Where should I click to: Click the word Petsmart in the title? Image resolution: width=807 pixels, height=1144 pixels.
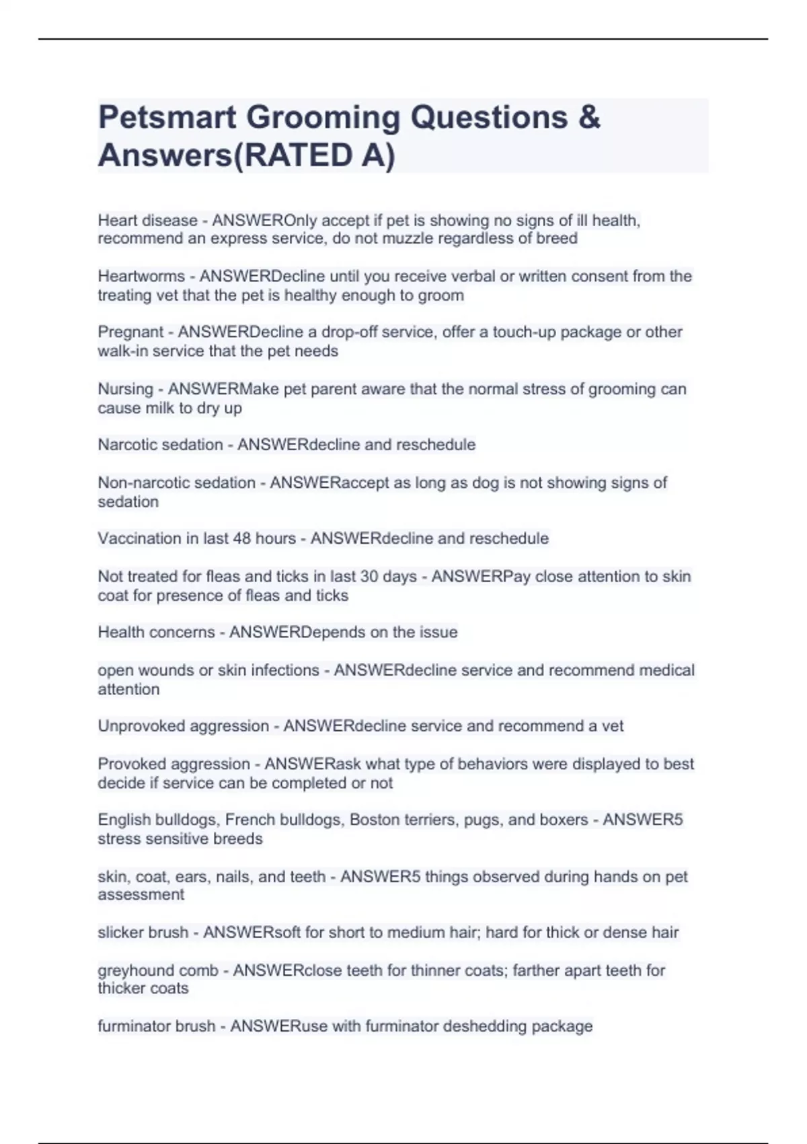click(x=167, y=118)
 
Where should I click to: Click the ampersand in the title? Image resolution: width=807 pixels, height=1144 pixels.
click(x=588, y=118)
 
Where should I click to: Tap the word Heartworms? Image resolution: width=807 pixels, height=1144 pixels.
click(x=141, y=277)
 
